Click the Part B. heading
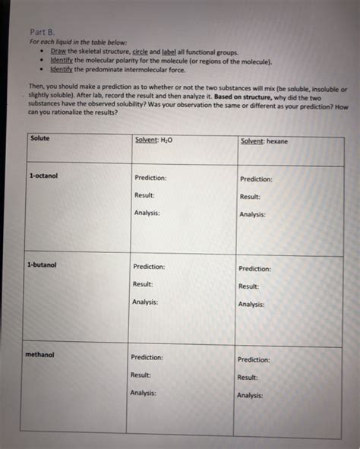pyautogui.click(x=39, y=32)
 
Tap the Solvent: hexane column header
pyautogui.click(x=264, y=141)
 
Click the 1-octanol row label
pyautogui.click(x=43, y=175)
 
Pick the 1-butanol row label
pyautogui.click(x=41, y=265)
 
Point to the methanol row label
pyautogui.click(x=39, y=354)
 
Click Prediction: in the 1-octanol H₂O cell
pyautogui.click(x=150, y=178)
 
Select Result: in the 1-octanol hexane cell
pyautogui.click(x=251, y=197)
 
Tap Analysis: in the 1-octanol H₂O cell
pyautogui.click(x=147, y=213)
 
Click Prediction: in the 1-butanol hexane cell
pyautogui.click(x=254, y=268)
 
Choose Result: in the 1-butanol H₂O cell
pyautogui.click(x=143, y=284)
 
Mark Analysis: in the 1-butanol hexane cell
pyautogui.click(x=251, y=304)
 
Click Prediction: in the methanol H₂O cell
pyautogui.click(x=147, y=357)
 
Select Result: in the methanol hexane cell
pyautogui.click(x=248, y=377)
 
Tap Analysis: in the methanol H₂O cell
pyautogui.click(x=144, y=393)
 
